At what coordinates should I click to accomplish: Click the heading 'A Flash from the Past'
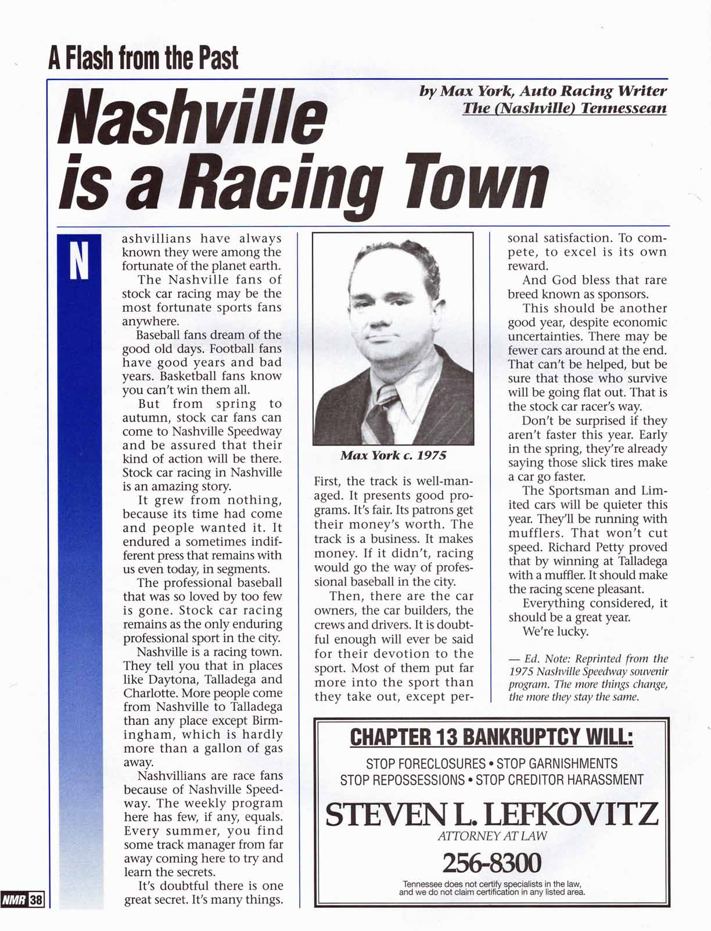(x=143, y=58)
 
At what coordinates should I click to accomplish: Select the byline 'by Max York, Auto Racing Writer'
(x=543, y=91)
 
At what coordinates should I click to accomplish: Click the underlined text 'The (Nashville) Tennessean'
(x=564, y=108)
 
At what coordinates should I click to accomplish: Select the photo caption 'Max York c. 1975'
(x=393, y=455)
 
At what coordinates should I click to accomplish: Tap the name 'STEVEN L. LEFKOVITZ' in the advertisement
(x=491, y=814)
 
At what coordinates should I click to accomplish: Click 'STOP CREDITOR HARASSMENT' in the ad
(x=559, y=780)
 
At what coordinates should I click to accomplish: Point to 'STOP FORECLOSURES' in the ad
(x=426, y=763)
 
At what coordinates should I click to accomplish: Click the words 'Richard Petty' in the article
(x=586, y=547)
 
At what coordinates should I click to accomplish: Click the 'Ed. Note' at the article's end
(x=538, y=659)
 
